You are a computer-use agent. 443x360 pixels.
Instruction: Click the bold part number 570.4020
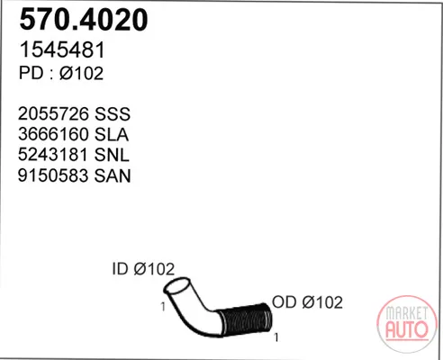tap(84, 20)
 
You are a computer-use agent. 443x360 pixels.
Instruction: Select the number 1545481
tap(62, 49)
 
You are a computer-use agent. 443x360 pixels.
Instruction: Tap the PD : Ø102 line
tap(61, 73)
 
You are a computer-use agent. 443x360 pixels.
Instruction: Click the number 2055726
tap(53, 114)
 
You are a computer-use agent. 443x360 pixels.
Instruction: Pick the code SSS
tap(113, 114)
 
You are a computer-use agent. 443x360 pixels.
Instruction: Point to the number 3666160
tap(53, 134)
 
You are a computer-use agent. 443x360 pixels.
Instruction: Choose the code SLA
tap(112, 134)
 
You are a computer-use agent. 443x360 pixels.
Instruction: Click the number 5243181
tap(53, 155)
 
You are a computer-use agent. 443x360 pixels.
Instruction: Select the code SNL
tap(112, 155)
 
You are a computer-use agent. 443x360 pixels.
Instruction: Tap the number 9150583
tap(53, 175)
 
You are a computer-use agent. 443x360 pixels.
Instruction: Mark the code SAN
tap(113, 175)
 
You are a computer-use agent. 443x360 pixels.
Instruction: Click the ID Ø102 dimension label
tap(143, 269)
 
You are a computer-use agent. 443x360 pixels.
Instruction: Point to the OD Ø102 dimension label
tap(307, 302)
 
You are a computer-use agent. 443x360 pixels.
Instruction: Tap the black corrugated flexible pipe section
tap(245, 320)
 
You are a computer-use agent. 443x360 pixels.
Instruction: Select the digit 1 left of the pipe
tap(163, 307)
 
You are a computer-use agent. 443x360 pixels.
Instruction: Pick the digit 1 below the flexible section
tap(276, 337)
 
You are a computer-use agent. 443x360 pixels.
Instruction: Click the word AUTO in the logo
tap(407, 329)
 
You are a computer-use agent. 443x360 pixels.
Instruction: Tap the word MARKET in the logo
tap(407, 313)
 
